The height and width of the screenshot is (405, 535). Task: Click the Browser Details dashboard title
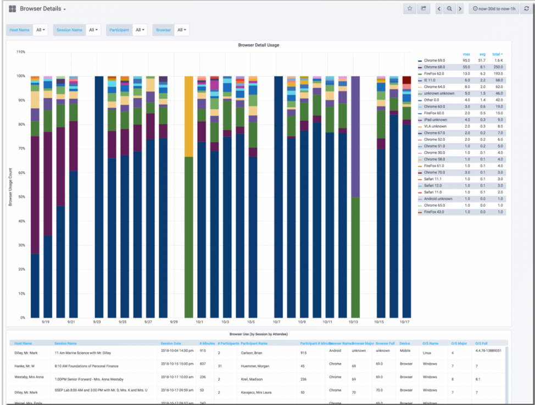41,9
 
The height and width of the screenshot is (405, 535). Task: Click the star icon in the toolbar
410,9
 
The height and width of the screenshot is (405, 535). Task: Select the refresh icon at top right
527,9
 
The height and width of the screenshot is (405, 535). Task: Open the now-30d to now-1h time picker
494,9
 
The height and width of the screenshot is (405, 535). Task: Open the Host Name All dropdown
41,30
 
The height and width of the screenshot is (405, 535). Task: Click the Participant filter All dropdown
140,30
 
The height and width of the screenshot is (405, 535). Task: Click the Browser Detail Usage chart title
258,45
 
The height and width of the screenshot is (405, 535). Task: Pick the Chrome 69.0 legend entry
434,60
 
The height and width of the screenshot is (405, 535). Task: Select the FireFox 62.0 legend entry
434,74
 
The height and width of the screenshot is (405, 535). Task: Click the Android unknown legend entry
438,199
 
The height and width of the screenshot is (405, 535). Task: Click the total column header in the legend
498,54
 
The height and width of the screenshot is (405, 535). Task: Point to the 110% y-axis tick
21,52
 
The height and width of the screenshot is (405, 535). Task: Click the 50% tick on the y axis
22,197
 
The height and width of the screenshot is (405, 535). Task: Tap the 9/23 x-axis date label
97,322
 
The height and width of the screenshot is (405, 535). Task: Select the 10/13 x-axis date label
354,322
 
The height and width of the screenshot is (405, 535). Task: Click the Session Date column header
171,343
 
